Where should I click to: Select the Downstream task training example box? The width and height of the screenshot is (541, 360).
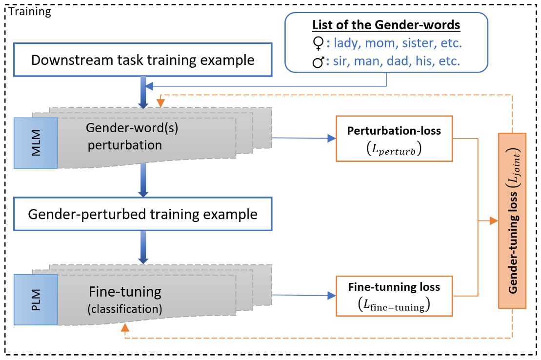[142, 60]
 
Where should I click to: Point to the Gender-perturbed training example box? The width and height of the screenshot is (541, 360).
[142, 214]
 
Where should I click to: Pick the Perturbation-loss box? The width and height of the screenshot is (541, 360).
[394, 139]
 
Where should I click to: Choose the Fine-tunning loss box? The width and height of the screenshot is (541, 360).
[394, 296]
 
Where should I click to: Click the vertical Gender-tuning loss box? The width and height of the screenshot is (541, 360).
[512, 220]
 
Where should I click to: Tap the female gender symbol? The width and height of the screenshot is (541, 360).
[318, 44]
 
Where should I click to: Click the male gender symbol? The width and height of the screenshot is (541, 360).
[318, 63]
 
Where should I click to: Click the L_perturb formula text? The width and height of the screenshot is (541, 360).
[394, 149]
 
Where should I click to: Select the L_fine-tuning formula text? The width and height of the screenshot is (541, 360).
[394, 306]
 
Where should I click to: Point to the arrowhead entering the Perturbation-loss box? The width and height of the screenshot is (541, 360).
[332, 139]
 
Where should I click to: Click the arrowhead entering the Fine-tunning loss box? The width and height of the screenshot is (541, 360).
[332, 295]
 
